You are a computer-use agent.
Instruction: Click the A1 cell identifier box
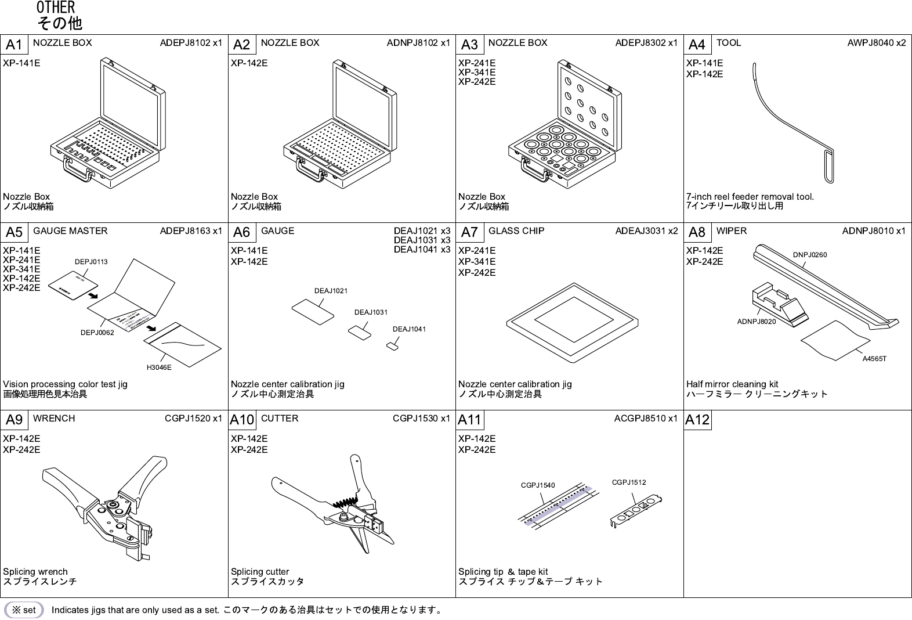[14, 45]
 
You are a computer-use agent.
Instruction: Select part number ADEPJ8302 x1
[646, 43]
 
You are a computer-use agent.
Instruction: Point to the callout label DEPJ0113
[91, 262]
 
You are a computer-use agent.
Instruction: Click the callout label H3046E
[158, 367]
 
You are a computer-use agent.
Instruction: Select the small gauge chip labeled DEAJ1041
[393, 347]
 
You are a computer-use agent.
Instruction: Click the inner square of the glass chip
[573, 320]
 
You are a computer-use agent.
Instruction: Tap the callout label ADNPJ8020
[757, 321]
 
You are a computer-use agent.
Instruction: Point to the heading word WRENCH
[54, 419]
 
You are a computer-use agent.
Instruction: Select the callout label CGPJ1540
[538, 485]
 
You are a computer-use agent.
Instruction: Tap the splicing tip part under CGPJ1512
[636, 511]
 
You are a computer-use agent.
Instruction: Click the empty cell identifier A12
[697, 420]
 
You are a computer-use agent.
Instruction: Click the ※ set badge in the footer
[24, 610]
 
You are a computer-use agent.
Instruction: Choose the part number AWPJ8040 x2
[876, 43]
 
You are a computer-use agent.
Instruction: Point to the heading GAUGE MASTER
[70, 231]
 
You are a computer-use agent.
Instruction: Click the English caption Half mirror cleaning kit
[732, 384]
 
